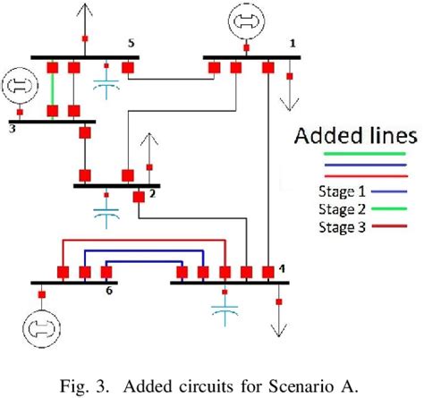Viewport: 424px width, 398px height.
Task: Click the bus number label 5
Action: click(x=131, y=42)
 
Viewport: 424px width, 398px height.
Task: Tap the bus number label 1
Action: click(x=291, y=42)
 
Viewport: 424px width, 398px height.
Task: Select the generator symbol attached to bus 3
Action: click(x=19, y=87)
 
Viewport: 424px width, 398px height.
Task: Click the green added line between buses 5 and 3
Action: click(x=53, y=90)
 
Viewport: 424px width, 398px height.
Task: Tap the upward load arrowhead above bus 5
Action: click(x=85, y=9)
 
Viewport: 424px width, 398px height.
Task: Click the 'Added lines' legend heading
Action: click(x=354, y=137)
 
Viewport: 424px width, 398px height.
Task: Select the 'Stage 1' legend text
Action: click(x=341, y=191)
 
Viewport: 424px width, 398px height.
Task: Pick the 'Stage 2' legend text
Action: click(x=341, y=208)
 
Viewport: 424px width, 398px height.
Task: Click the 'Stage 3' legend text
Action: click(x=341, y=226)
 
